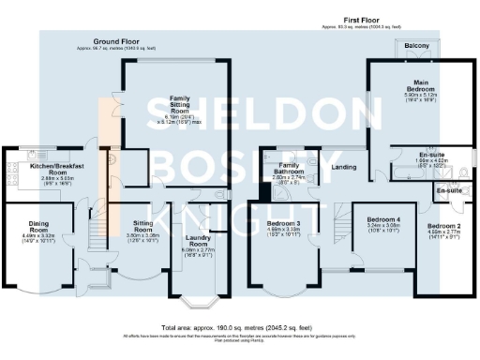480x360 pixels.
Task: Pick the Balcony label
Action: [x=417, y=45]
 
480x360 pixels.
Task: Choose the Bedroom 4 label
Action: [x=385, y=219]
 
